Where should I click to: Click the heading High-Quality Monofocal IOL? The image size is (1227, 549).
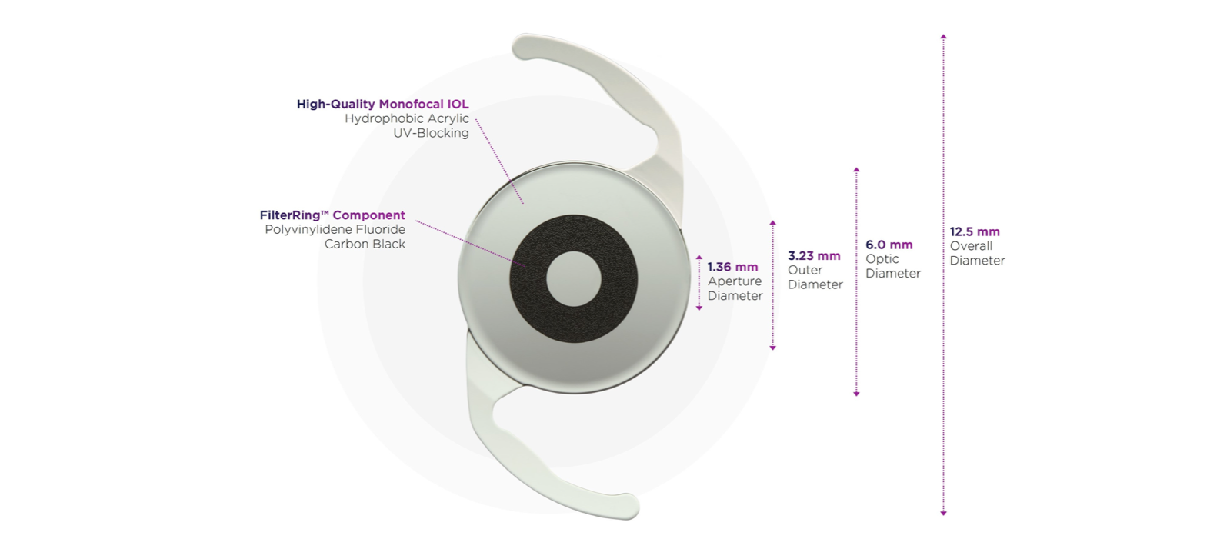point(382,104)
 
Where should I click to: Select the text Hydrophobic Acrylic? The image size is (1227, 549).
point(406,118)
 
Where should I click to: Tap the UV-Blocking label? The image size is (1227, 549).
point(431,133)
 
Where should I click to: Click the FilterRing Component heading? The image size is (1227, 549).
point(332,215)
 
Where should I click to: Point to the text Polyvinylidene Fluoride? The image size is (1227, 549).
point(335,229)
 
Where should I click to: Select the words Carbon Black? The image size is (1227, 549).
point(365,244)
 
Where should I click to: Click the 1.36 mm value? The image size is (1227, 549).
point(732,267)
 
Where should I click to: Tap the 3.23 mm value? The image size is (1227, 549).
point(814,256)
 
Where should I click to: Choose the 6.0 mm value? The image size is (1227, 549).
point(889,245)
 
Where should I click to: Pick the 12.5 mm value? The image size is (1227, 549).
point(975,231)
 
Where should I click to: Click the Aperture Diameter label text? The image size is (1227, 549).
point(735,288)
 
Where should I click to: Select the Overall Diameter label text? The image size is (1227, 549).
point(977,253)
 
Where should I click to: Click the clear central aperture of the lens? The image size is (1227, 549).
point(574,278)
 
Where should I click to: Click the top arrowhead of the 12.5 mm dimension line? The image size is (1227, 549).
point(943,36)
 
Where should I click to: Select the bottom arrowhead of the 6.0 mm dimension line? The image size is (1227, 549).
point(856,394)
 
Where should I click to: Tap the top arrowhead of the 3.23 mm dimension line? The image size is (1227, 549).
point(773,223)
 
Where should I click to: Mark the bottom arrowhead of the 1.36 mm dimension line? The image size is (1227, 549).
point(699,308)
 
